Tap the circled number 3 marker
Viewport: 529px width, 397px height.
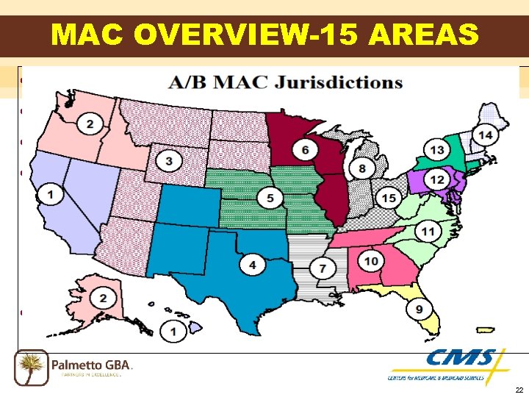[x=170, y=161]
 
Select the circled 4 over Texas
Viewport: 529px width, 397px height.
[x=253, y=265]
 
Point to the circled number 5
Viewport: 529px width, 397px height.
[x=270, y=198]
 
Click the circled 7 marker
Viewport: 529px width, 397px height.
[x=323, y=270]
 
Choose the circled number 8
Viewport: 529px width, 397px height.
[x=362, y=170]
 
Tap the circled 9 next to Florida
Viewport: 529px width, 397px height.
[x=419, y=310]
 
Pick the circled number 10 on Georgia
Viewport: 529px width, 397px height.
[x=372, y=260]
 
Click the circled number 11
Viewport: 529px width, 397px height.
[x=428, y=232]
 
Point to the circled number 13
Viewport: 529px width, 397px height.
[x=437, y=151]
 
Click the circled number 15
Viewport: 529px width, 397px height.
[x=389, y=198]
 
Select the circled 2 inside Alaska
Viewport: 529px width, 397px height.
[x=104, y=298]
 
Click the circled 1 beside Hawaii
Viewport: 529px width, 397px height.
[x=173, y=332]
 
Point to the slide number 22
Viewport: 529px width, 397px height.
[x=519, y=390]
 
